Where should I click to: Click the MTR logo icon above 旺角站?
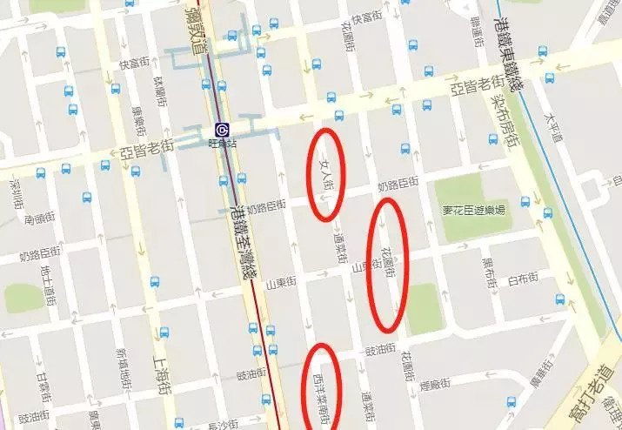(x=222, y=130)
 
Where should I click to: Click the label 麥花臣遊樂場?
(x=474, y=210)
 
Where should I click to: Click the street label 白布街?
(x=523, y=278)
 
